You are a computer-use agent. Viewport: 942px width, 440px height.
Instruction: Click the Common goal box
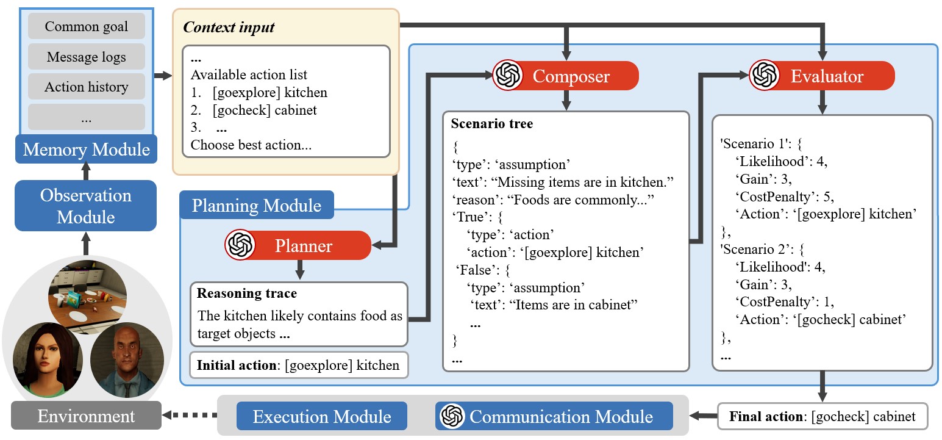[86, 26]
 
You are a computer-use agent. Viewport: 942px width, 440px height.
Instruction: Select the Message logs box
[86, 57]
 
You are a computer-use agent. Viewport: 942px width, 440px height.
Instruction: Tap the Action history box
[86, 87]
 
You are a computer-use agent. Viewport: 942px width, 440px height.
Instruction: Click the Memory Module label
[86, 149]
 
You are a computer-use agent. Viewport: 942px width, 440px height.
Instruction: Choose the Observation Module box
[86, 206]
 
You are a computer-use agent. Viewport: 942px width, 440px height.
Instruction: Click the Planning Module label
[256, 205]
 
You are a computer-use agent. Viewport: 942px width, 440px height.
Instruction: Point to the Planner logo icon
[240, 245]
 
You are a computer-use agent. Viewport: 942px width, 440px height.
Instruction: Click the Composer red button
[565, 76]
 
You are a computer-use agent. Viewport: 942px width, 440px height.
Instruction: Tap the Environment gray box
[86, 416]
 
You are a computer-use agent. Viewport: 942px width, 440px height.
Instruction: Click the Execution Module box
[321, 417]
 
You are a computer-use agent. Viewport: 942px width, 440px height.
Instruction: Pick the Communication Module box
[554, 417]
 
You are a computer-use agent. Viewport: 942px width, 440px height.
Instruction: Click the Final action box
[822, 417]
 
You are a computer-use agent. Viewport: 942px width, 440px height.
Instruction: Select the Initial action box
[298, 366]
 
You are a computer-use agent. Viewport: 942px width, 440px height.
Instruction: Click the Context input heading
[229, 27]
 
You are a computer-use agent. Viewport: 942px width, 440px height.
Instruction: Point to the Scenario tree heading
[491, 124]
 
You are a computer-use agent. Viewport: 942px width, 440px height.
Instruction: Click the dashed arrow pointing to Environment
[190, 417]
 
